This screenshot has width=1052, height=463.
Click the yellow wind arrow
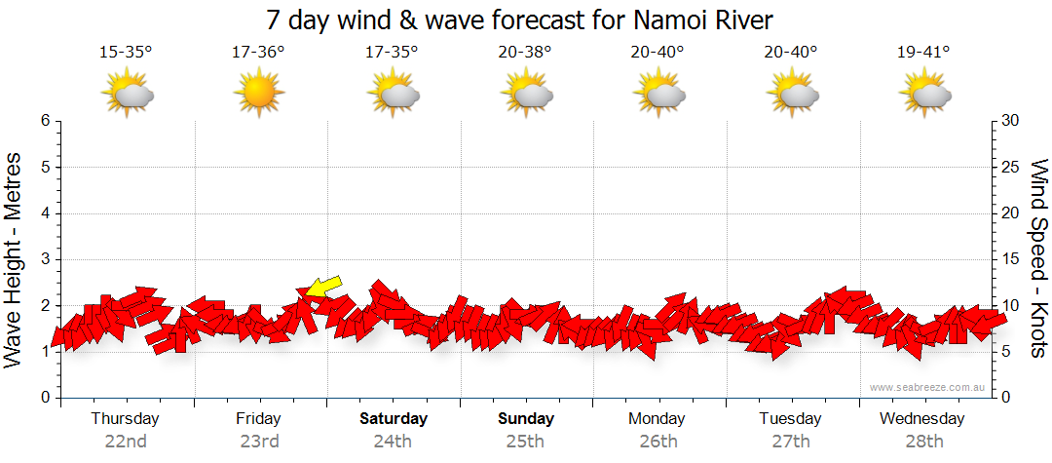point(324,285)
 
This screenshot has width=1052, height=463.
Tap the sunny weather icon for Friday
point(258,94)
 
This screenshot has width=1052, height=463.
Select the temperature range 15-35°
point(126,52)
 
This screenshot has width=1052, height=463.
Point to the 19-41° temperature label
point(922,52)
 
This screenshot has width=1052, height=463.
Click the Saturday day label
point(394,419)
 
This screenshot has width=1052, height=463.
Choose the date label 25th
point(525,441)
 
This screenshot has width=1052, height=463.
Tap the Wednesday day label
point(921,419)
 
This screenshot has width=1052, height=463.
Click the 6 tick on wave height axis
point(45,121)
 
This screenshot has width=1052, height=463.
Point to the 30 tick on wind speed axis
point(1012,121)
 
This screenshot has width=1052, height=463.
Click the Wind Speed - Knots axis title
point(1038,258)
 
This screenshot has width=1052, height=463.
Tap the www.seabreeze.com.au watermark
point(928,388)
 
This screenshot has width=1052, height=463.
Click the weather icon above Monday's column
point(659,94)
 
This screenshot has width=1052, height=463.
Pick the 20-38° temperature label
point(524,52)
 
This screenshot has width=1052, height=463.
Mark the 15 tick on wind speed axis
point(1012,259)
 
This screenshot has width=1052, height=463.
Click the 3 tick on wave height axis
point(45,259)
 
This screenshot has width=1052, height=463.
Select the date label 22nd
point(126,441)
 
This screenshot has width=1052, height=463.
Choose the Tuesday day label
point(790,419)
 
